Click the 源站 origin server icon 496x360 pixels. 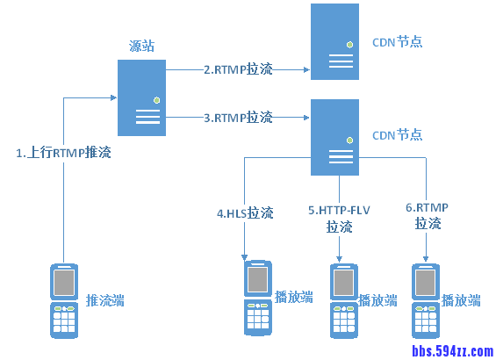[143, 96]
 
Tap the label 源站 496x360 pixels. [141, 45]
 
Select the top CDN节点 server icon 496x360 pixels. [335, 41]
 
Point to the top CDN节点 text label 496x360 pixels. [397, 41]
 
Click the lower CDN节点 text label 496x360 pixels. [397, 135]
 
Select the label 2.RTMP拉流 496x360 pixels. [238, 69]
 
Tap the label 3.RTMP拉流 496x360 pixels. [238, 117]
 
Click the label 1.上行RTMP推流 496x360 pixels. [64, 153]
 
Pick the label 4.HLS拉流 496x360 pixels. [245, 212]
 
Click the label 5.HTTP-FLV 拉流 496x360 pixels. [339, 219]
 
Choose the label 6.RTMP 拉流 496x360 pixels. [428, 216]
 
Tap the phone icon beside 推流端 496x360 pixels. [64, 300]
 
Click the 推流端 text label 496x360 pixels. [105, 301]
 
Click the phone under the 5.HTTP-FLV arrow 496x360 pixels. [343, 300]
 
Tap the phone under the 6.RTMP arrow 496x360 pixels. [426, 300]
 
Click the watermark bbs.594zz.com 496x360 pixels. [453, 351]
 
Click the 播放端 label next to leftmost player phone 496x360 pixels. [294, 296]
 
